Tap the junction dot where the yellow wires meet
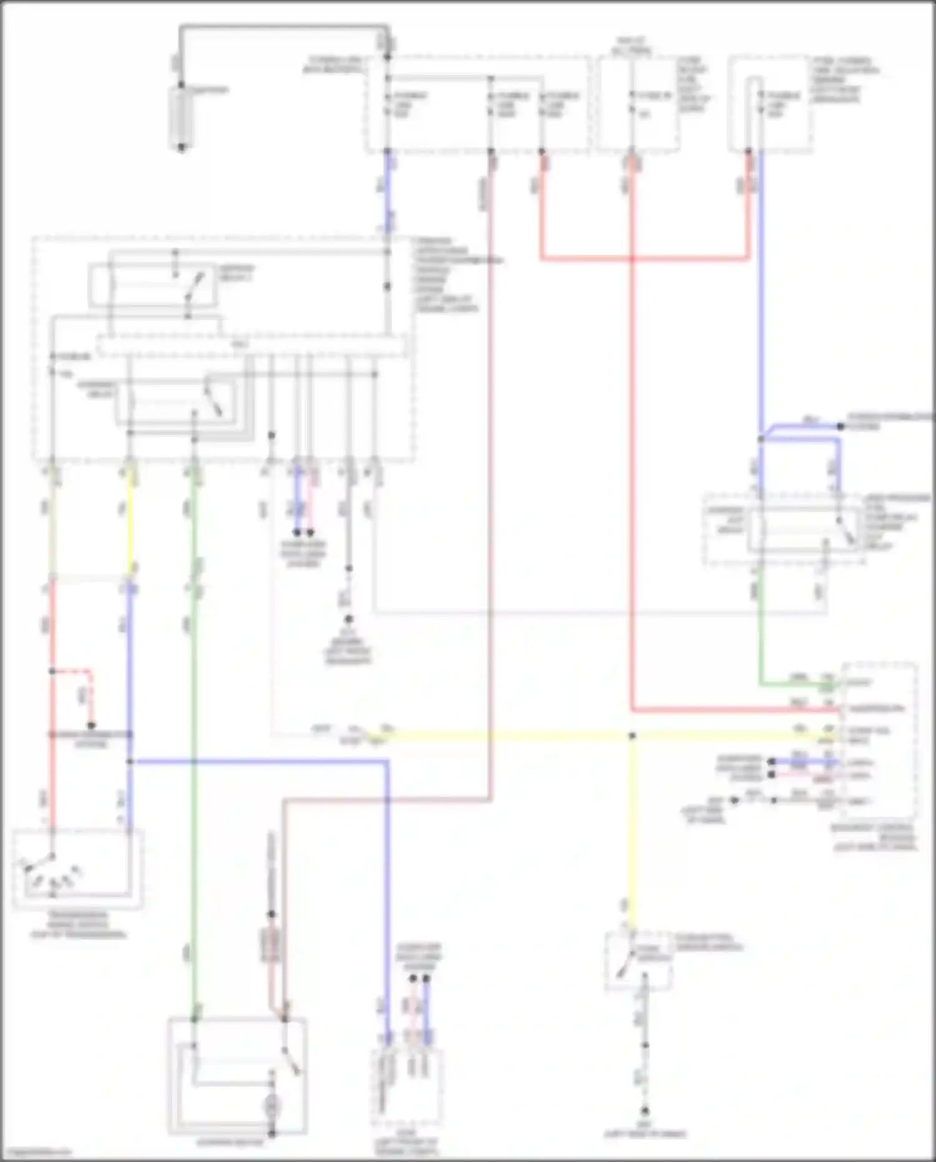coord(632,736)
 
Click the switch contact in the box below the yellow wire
coord(623,967)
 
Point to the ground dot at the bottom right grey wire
coord(645,1111)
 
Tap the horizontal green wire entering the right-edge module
coord(799,685)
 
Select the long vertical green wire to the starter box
coord(194,780)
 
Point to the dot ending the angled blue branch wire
coord(841,426)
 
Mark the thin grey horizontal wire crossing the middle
coord(599,613)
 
